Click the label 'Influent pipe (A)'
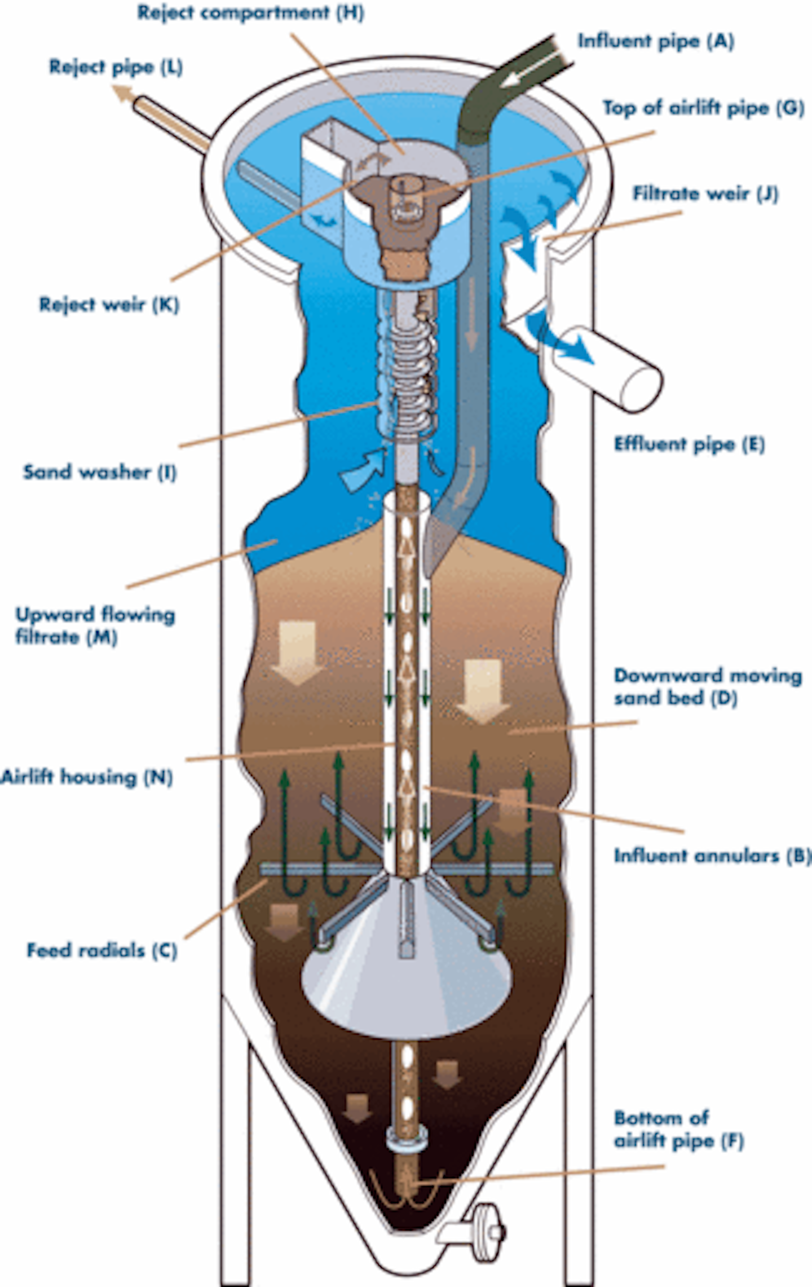[656, 41]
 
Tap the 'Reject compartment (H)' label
[250, 12]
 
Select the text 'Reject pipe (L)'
[116, 67]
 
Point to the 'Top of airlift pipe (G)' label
[703, 108]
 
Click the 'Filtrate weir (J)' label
[705, 193]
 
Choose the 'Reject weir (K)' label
[109, 305]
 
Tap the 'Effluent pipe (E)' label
[689, 444]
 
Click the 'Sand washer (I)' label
[100, 471]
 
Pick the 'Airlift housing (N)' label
[86, 777]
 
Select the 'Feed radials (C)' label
[102, 950]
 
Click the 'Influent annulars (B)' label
[712, 856]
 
